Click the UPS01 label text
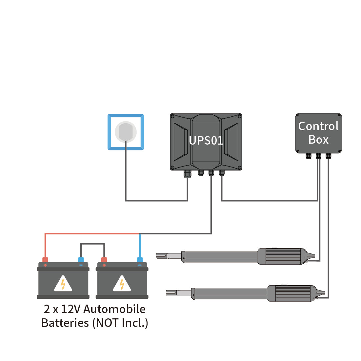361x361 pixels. click(x=206, y=140)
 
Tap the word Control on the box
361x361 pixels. click(x=318, y=126)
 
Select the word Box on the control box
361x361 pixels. click(x=318, y=140)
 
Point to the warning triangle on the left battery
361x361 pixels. click(x=63, y=284)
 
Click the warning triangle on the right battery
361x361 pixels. click(x=122, y=284)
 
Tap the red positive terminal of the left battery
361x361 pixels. click(x=45, y=260)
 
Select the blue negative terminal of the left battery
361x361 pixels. click(x=81, y=260)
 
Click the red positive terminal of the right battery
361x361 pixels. click(x=104, y=260)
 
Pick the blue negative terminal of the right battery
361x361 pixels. click(x=140, y=260)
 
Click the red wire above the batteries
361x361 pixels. click(x=92, y=233)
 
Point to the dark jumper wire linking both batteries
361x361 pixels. click(x=92, y=244)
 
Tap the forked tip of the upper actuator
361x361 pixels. click(x=161, y=255)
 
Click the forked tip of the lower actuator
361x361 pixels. click(x=170, y=292)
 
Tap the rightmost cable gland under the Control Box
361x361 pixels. click(x=328, y=156)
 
